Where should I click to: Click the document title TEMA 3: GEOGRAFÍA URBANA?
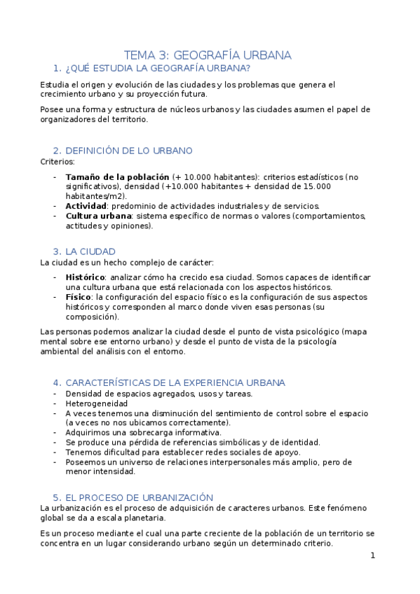[208, 55]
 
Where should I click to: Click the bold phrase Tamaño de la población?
[117, 177]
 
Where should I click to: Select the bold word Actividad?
[86, 206]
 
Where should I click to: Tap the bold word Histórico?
[85, 277]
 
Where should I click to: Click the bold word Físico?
[79, 297]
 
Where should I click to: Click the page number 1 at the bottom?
[373, 555]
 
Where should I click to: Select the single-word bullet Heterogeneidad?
[97, 403]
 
